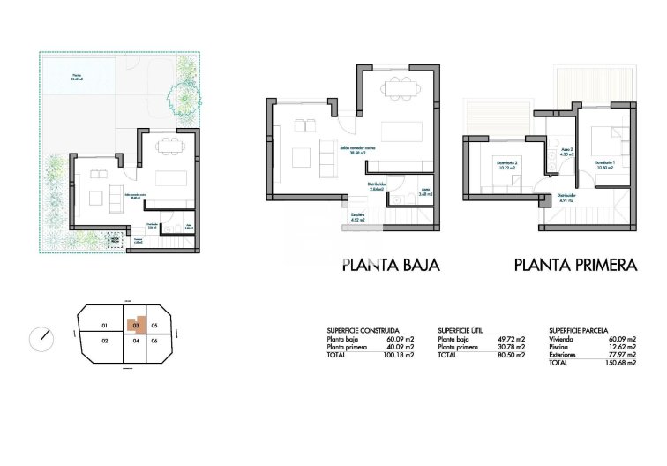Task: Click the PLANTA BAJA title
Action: point(390,264)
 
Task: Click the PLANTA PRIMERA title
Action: point(575,264)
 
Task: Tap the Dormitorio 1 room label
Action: point(603,163)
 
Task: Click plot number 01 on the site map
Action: point(104,324)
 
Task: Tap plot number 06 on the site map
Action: point(154,340)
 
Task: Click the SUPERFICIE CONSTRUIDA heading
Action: point(363,330)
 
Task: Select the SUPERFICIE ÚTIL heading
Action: point(463,330)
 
